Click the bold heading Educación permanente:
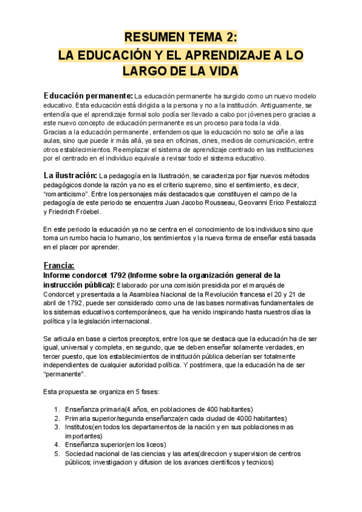pos(88,96)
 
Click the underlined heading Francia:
pos(59,265)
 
